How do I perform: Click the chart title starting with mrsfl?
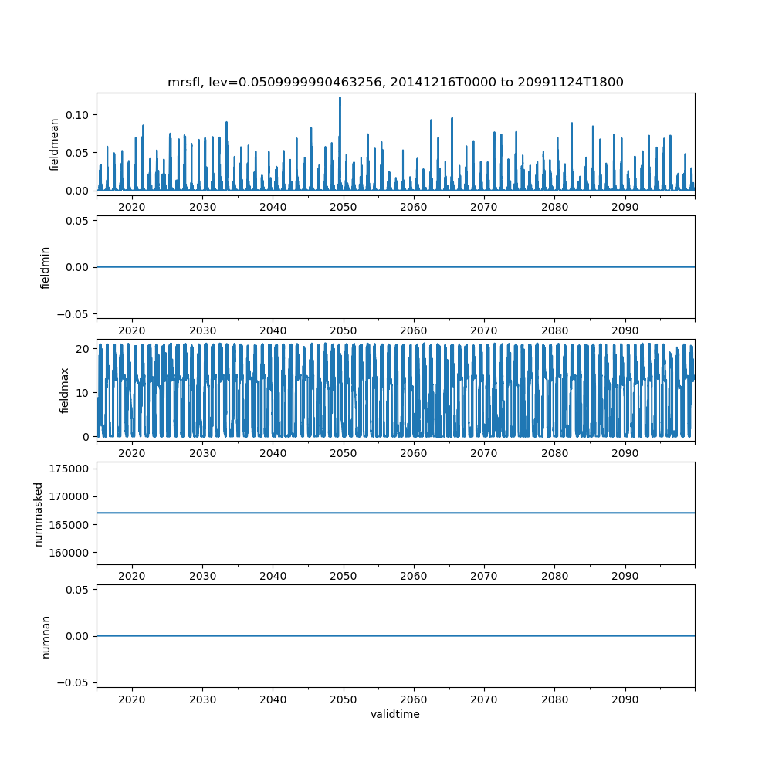395,82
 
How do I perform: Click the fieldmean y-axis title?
54,144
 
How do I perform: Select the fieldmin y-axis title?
46,267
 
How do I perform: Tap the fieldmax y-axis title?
65,390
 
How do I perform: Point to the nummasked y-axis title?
38,513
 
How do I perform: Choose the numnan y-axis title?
46,636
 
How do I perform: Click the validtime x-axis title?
395,715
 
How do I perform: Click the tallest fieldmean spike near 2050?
340,98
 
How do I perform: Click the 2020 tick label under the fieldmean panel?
132,207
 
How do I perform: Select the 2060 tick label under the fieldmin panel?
414,330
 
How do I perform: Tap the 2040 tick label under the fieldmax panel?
273,452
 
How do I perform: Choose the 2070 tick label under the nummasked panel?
484,576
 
